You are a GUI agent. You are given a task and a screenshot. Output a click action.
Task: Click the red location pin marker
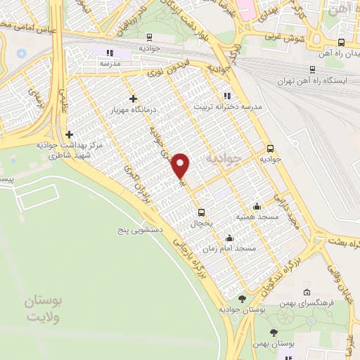tap(181, 166)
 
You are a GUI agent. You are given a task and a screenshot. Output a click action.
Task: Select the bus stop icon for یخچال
tap(202, 212)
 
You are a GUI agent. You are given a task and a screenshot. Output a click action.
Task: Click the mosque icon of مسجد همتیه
tap(257, 206)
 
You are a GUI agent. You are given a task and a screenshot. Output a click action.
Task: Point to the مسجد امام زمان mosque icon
tap(229, 238)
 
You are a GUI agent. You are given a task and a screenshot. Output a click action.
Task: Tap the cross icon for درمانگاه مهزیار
tap(133, 98)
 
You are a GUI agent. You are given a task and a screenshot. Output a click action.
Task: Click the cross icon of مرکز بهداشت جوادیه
tap(69, 134)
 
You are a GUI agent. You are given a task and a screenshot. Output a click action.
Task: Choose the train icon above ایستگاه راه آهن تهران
tap(313, 69)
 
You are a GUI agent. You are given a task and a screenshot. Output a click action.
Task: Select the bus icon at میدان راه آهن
tap(341, 41)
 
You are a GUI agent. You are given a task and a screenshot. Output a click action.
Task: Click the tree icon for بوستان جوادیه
tap(242, 298)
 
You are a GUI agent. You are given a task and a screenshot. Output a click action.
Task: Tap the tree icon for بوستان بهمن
tap(274, 333)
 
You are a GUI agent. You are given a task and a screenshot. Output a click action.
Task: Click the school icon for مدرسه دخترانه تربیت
tap(226, 96)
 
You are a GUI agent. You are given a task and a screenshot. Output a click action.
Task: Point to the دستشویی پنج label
tap(141, 230)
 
